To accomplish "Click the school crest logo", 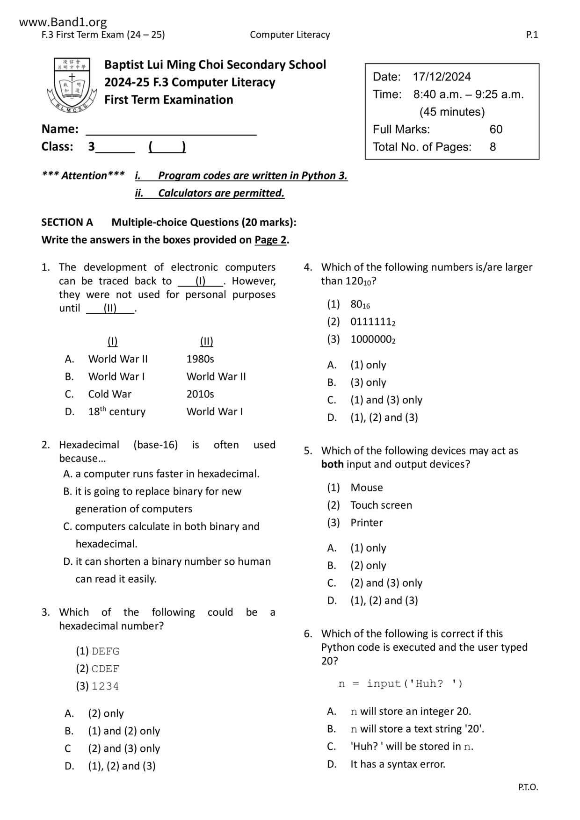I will click(71, 85).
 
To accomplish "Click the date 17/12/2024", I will click(442, 77).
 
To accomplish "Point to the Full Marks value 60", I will click(496, 129).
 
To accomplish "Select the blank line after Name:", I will click(171, 129).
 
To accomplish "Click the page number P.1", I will click(532, 35).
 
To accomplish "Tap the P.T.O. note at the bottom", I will click(528, 787).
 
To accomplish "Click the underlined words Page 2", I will click(270, 240).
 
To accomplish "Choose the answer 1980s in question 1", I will click(200, 359).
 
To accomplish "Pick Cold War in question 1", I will click(110, 394).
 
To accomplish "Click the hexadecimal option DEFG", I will click(106, 651).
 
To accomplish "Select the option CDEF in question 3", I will click(106, 669).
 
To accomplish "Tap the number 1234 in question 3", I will click(105, 686).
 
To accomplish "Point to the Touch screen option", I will click(381, 505).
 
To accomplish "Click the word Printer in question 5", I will click(367, 523).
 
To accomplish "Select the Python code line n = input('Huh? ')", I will click(400, 684).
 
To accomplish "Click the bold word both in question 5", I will click(332, 464).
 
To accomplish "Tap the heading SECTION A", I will click(67, 222).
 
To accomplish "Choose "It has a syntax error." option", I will click(398, 764).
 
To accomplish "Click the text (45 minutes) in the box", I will click(452, 112).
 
